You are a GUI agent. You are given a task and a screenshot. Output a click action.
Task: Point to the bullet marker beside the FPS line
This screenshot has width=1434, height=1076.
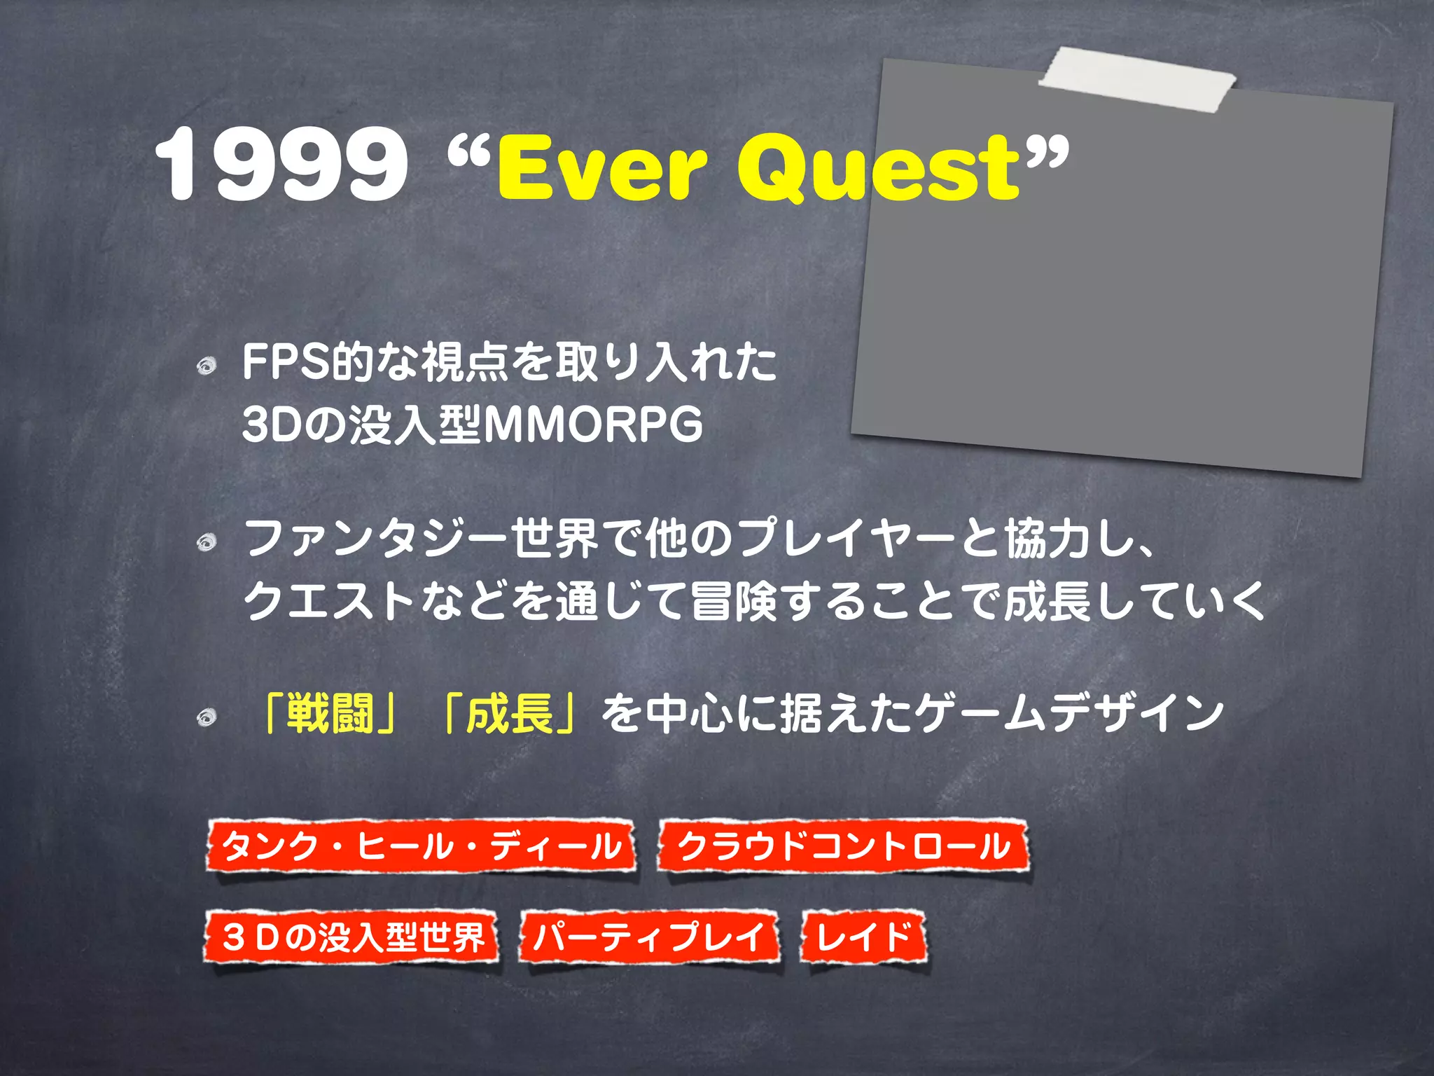pos(206,366)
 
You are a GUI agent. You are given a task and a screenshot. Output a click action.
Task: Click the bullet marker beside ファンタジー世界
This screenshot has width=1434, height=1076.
pos(206,542)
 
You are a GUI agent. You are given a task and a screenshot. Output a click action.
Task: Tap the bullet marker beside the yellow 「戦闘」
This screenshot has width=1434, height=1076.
pos(206,717)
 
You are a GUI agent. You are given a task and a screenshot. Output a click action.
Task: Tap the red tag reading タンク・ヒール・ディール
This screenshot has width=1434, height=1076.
pos(421,846)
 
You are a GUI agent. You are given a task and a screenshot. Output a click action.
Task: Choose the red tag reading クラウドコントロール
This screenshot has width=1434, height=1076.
pos(843,846)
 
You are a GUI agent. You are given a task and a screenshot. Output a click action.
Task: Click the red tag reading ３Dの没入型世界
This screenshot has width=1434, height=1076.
pos(352,937)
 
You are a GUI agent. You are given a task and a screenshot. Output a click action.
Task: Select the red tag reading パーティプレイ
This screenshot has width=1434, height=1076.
pos(649,937)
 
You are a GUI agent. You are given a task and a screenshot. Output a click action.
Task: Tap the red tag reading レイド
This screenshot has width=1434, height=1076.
pos(864,937)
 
